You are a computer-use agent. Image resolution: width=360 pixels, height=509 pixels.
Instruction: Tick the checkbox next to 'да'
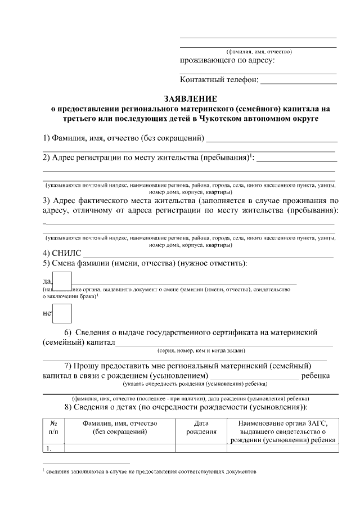click(62, 281)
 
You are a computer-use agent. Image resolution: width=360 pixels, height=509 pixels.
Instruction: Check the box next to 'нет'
click(62, 313)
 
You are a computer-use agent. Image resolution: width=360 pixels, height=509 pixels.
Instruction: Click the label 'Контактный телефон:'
click(219, 80)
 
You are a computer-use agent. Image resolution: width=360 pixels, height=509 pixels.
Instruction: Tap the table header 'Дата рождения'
click(201, 427)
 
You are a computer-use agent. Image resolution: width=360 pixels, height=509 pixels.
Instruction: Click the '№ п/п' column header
click(54, 427)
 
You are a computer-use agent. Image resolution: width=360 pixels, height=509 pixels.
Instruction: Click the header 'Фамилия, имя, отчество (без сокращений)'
click(120, 427)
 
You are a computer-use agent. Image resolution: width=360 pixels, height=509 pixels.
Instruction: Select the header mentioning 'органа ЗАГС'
click(282, 431)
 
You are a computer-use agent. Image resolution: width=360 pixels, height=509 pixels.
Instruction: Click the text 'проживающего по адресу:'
click(227, 60)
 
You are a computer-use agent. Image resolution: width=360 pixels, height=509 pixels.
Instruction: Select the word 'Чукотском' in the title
click(229, 119)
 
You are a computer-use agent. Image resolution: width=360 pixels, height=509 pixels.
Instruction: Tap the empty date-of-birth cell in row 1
click(201, 448)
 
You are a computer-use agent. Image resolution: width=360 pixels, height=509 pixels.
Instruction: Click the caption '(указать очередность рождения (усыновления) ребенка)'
click(195, 384)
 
